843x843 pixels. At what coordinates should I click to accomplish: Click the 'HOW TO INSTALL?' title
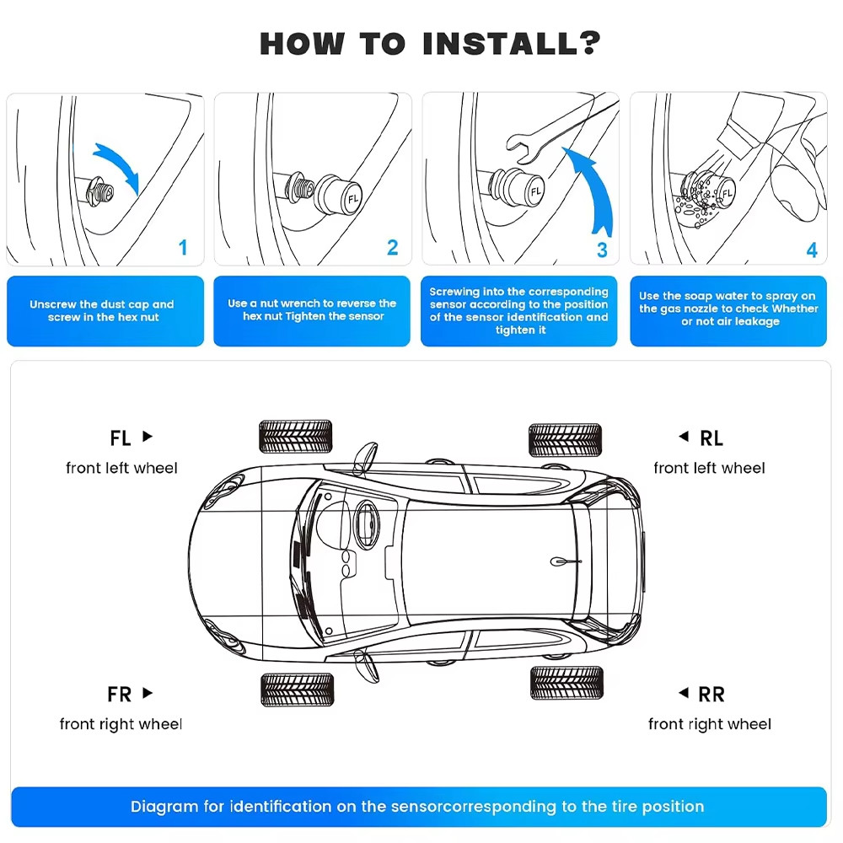pos(430,43)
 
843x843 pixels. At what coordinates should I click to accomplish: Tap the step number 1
pos(183,248)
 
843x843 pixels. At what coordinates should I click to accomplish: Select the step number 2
pos(392,248)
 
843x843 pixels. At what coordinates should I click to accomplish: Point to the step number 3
pos(601,250)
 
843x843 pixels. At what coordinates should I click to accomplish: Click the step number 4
pos(811,250)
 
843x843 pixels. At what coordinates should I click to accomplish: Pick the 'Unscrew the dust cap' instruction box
pos(105,311)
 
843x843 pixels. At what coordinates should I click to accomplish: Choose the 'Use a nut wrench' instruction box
pos(312,310)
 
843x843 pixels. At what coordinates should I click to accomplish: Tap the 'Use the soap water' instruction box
pos(728,309)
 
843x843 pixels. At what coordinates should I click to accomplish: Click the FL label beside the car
pos(121,438)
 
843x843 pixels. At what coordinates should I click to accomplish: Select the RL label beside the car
pos(711,438)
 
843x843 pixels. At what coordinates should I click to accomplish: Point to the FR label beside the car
pos(120,695)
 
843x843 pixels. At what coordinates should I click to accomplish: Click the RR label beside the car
pos(711,695)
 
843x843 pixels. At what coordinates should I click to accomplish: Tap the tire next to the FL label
pos(295,437)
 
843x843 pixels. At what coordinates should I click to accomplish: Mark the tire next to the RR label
pos(566,682)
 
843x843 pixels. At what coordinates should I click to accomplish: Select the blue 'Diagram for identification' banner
pos(418,807)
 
